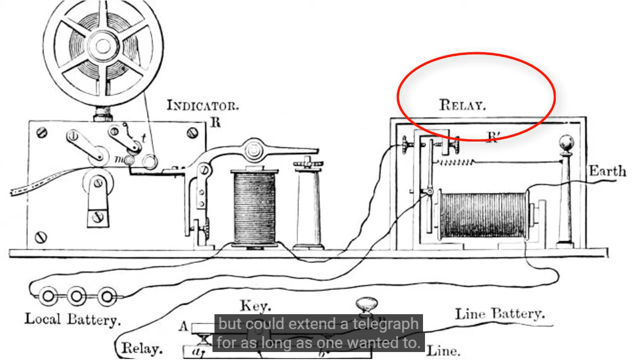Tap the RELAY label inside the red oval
coord(462,105)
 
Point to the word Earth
coord(607,171)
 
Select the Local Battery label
coord(73,318)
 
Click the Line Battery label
coord(500,314)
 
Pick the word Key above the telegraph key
coord(256,306)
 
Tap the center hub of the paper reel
coord(103,46)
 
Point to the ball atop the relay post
coord(566,143)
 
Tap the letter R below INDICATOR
coord(214,122)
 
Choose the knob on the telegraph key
coord(367,304)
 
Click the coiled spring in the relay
coord(455,161)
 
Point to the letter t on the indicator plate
coord(144,138)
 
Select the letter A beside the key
coord(183,327)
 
